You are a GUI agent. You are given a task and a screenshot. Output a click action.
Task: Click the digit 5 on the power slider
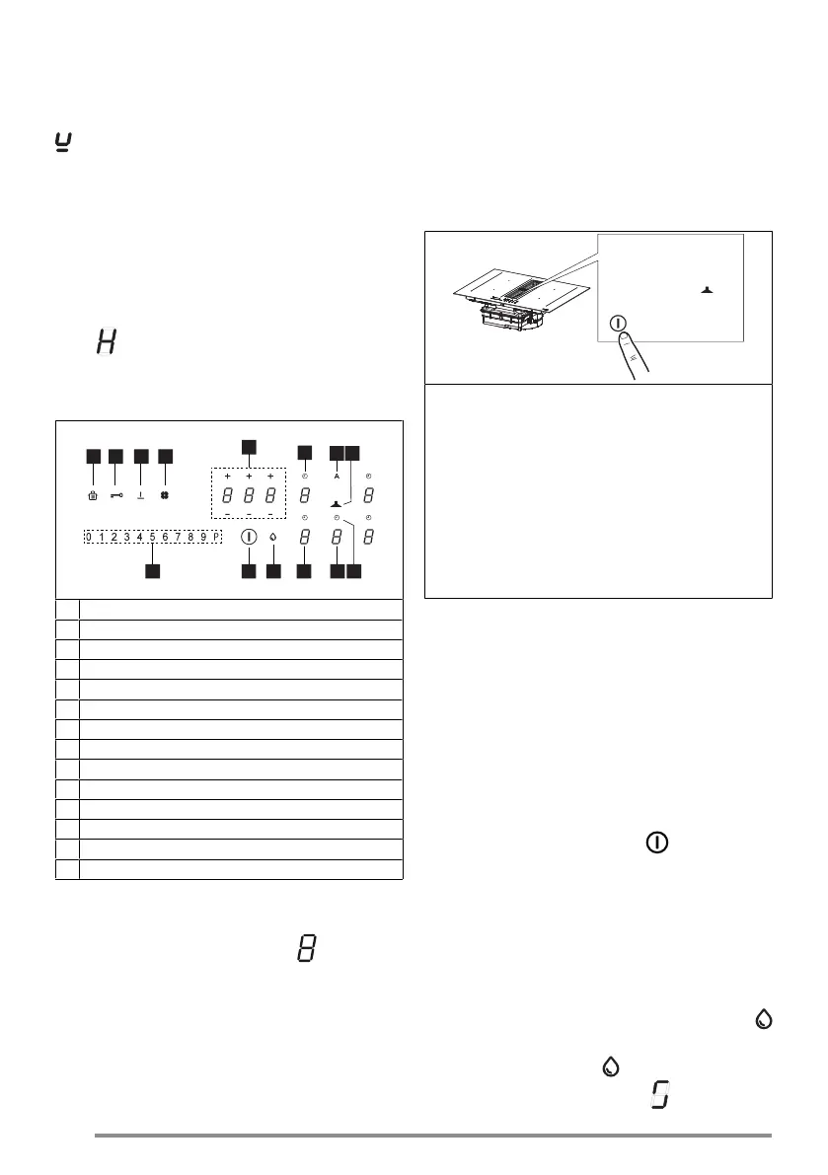[153, 537]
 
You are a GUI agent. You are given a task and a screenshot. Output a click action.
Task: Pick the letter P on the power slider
[217, 537]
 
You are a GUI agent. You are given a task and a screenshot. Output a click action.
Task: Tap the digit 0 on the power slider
[89, 537]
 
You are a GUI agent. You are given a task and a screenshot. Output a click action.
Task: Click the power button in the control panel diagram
[248, 538]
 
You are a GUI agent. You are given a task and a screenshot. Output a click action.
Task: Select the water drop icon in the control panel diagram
[272, 538]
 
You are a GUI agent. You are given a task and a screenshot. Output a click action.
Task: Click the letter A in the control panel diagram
[337, 476]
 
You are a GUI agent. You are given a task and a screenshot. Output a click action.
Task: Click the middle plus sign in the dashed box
[249, 476]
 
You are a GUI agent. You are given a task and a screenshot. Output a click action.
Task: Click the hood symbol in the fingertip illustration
[707, 290]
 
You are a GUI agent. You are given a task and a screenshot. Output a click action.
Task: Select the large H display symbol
[104, 344]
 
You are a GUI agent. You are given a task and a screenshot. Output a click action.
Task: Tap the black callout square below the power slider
[153, 570]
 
